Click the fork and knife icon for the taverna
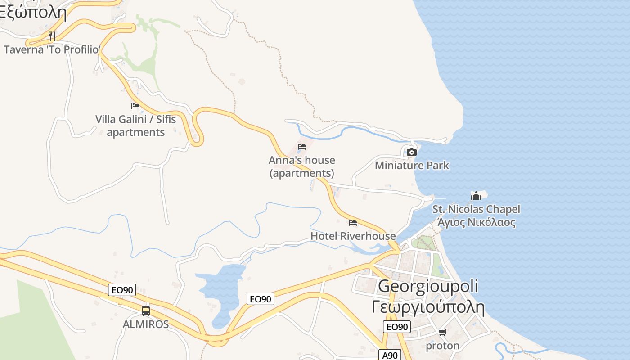[x=52, y=36]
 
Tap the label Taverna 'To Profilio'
[x=52, y=49]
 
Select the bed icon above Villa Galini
[x=135, y=106]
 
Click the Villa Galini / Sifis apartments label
[x=135, y=126]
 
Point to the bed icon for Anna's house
[x=302, y=147]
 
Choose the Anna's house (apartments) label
[x=302, y=166]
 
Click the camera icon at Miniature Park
[x=411, y=152]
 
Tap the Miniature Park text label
[x=412, y=166]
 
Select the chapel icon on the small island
[x=476, y=196]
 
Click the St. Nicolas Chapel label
[x=476, y=209]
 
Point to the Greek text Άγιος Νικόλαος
[x=476, y=222]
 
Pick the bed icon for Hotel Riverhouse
[x=353, y=223]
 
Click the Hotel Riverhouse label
[x=353, y=236]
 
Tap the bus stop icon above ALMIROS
[x=146, y=310]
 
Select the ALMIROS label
[x=146, y=324]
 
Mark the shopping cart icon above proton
[x=443, y=333]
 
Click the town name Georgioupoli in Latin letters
[x=428, y=286]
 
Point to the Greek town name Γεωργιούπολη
[x=428, y=307]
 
